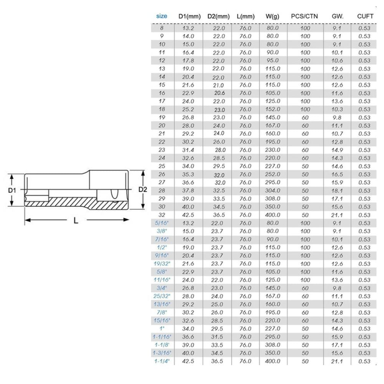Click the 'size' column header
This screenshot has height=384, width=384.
(162, 17)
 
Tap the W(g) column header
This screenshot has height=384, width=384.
(272, 17)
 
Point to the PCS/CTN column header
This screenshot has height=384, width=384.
(305, 17)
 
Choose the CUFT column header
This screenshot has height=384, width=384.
(365, 17)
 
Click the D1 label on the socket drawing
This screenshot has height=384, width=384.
(12, 190)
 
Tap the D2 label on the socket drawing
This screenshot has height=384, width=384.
(143, 189)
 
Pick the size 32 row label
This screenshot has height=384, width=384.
(162, 215)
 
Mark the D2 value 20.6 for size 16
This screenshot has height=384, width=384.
(219, 93)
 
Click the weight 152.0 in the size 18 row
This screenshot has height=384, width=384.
(272, 109)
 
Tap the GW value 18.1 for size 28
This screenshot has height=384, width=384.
(337, 191)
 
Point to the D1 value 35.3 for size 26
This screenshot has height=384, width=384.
(188, 174)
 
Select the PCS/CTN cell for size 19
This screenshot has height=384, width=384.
(305, 118)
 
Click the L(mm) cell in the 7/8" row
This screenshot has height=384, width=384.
(245, 313)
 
